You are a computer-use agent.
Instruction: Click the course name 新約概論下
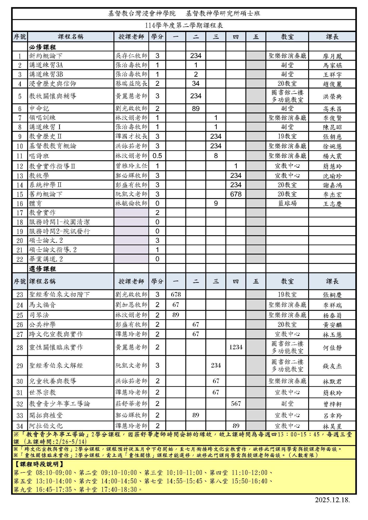tap(46, 56)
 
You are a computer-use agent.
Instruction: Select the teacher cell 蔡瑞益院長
tap(131, 83)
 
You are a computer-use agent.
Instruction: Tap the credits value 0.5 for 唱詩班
tap(157, 156)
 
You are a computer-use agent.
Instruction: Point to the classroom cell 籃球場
tap(287, 203)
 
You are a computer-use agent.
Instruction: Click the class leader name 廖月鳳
tap(332, 56)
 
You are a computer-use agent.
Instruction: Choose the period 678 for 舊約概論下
tap(236, 194)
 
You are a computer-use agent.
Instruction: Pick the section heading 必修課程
tap(42, 47)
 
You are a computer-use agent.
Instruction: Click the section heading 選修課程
tap(42, 269)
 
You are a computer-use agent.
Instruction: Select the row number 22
tap(20, 259)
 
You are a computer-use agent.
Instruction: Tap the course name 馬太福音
tap(42, 305)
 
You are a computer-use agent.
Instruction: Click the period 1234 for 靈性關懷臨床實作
tap(236, 347)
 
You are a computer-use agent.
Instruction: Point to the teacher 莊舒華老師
tap(131, 404)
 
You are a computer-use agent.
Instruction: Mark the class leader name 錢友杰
tap(332, 366)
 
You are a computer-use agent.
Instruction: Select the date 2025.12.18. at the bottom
tap(332, 500)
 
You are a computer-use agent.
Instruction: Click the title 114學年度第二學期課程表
tap(184, 25)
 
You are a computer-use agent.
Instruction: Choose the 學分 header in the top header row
tap(157, 37)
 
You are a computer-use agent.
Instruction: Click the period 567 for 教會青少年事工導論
tap(236, 404)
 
